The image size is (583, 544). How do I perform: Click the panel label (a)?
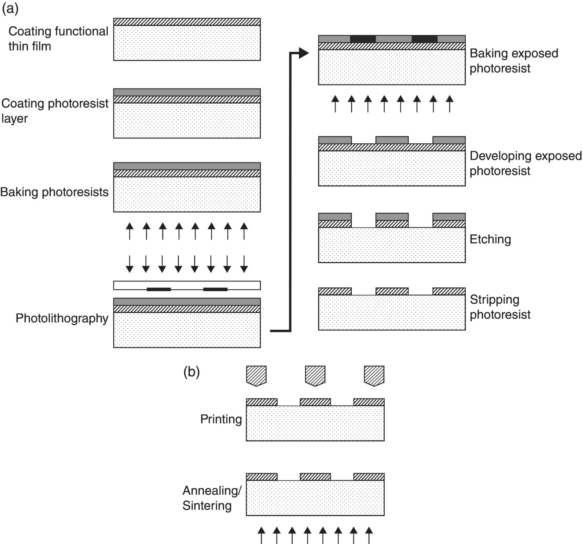tap(10, 8)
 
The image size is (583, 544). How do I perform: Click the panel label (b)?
tap(191, 372)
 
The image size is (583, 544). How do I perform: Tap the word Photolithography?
tap(62, 318)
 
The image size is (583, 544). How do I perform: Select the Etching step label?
tap(490, 239)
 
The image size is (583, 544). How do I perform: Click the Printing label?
tap(221, 419)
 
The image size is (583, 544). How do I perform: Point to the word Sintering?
tap(207, 506)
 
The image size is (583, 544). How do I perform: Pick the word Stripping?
tap(494, 299)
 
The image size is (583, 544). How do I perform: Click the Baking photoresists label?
tap(54, 192)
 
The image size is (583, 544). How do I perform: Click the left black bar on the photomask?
tap(158, 289)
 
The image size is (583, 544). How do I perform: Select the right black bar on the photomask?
tap(215, 289)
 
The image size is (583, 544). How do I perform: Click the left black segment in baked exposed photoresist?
tap(363, 39)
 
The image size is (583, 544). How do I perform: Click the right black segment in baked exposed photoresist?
tap(424, 39)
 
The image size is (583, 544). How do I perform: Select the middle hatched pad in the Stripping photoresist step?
tap(392, 291)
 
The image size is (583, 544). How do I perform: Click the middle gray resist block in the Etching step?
tap(392, 217)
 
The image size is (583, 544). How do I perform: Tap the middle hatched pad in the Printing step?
tap(315, 402)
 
